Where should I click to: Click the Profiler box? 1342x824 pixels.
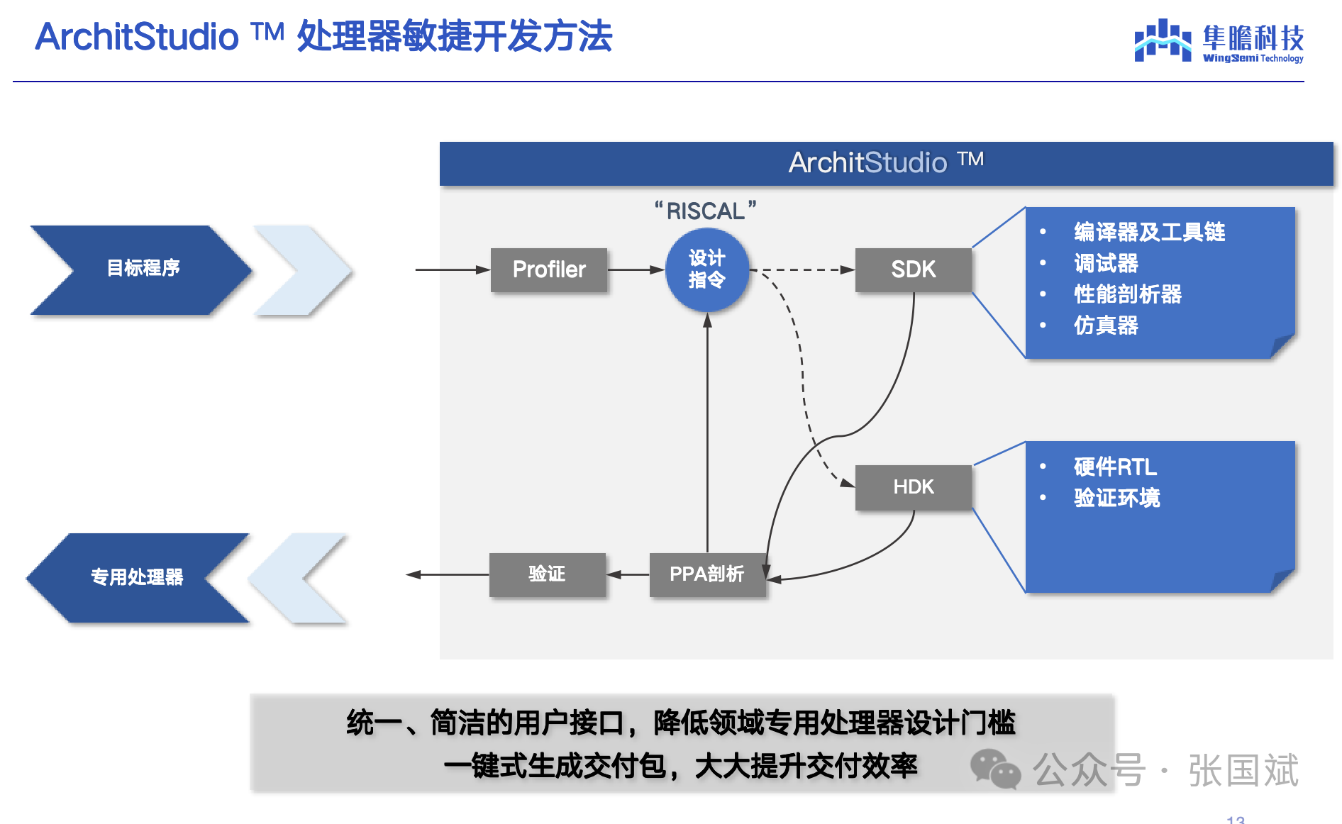[x=549, y=269]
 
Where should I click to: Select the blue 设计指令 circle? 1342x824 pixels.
[x=706, y=269]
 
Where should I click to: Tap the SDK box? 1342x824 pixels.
[x=913, y=269]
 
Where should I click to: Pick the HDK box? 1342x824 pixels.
[x=913, y=487]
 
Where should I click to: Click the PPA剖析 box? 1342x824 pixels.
[x=707, y=574]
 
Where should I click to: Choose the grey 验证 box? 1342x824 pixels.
[x=547, y=574]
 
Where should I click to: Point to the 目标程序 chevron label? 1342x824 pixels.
[x=143, y=268]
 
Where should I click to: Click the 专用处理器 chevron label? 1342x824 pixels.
[x=137, y=577]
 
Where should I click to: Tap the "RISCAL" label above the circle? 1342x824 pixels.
[x=706, y=211]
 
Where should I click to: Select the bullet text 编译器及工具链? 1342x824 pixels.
[x=1149, y=232]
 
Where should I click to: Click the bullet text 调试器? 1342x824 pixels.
[x=1106, y=263]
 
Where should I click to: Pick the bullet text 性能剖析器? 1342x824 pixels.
[x=1128, y=294]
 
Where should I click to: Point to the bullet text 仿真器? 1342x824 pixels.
[x=1106, y=325]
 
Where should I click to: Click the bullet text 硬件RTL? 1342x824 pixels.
[x=1115, y=467]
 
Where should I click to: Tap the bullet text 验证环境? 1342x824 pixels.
[x=1117, y=498]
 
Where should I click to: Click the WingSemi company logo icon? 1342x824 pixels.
[x=1162, y=40]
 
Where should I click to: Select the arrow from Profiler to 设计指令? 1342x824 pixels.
[x=636, y=269]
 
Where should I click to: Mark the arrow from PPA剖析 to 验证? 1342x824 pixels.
[x=628, y=574]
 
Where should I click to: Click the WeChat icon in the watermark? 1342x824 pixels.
[x=995, y=769]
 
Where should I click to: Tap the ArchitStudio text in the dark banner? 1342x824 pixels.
[x=867, y=163]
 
